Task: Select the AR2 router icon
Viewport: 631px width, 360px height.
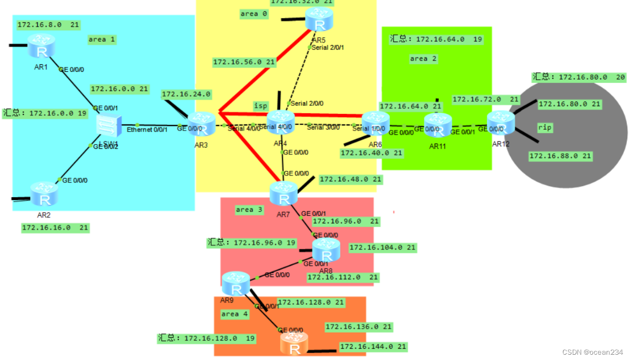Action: [x=44, y=195]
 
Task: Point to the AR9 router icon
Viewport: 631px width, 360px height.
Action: [x=235, y=284]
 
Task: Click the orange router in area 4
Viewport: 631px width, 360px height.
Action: [x=294, y=344]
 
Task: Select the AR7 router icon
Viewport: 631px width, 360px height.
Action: [x=284, y=194]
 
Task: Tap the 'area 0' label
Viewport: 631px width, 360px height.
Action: [x=254, y=14]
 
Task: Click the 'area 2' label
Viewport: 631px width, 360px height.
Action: [x=423, y=58]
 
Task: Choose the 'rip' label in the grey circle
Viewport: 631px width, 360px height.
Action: [x=544, y=128]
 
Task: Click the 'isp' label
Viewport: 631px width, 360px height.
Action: [x=260, y=105]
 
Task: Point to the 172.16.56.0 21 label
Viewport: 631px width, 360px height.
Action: [x=244, y=62]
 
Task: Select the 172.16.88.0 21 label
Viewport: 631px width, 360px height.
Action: [x=560, y=156]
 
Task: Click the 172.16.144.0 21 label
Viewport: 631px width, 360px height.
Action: [x=373, y=347]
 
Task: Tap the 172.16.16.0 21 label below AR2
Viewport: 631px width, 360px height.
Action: [x=55, y=228]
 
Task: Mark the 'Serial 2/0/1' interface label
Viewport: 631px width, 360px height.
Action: [x=328, y=47]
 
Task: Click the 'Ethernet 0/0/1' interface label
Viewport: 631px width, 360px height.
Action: [x=147, y=129]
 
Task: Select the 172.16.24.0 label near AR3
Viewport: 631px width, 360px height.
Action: [x=186, y=94]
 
